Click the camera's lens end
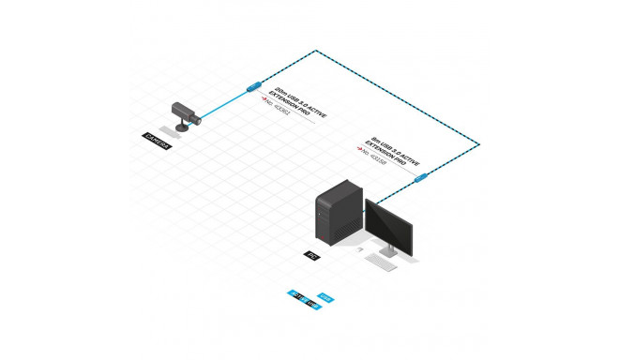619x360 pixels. point(197,119)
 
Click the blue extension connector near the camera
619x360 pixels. point(252,85)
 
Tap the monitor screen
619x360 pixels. point(386,225)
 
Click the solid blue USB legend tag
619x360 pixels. point(325,299)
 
